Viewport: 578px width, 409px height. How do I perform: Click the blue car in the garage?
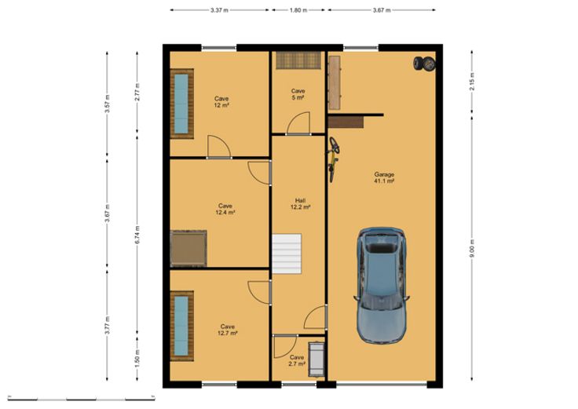coord(382,286)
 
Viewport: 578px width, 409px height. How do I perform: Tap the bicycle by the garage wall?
coord(333,159)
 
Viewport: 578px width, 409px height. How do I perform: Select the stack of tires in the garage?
coord(424,64)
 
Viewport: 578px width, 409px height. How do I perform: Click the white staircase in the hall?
coord(287,254)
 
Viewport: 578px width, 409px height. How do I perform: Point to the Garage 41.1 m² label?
coord(384,177)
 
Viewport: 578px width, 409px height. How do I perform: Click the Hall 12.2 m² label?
coord(301,204)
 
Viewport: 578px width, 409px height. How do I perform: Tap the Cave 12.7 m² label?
coord(228,330)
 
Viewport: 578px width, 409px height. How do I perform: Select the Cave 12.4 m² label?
coord(225,209)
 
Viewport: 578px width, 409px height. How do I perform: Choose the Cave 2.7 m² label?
coord(297,360)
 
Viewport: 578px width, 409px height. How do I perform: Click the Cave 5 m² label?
coord(298,94)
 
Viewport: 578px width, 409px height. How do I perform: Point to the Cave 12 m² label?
coord(221,102)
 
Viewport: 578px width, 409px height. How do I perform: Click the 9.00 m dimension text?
coord(472,248)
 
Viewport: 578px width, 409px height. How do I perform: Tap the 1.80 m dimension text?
coord(298,10)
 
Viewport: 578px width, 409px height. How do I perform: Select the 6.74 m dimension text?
coord(137,235)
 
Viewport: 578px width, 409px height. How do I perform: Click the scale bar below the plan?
coord(81,398)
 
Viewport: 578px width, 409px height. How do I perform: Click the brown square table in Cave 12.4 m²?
coord(188,248)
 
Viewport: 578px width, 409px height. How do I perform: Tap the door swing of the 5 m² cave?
coord(298,123)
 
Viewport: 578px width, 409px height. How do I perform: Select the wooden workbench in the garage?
coord(335,83)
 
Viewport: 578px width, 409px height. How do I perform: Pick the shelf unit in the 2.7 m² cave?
coord(316,360)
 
